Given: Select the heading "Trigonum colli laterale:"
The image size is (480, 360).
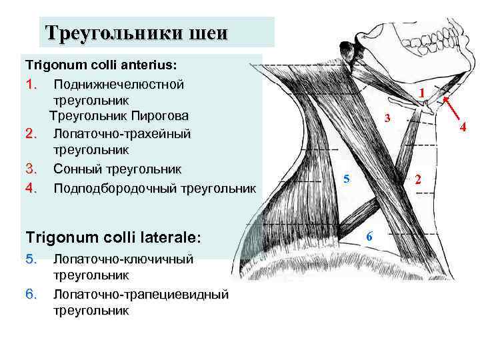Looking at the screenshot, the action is [x=113, y=237].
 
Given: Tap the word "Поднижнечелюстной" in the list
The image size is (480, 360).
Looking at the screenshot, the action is [x=119, y=85].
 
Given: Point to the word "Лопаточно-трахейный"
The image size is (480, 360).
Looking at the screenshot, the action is [x=122, y=133].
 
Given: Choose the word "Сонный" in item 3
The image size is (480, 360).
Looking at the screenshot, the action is [x=77, y=168].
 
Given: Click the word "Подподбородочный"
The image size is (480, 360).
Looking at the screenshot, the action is [x=115, y=188].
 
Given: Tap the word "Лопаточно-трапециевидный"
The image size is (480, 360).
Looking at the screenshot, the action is [x=141, y=293].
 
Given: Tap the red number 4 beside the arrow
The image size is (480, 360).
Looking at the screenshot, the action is [x=465, y=127].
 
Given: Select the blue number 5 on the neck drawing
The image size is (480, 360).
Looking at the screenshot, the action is [x=346, y=178].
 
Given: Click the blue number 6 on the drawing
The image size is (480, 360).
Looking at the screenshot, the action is [x=371, y=237].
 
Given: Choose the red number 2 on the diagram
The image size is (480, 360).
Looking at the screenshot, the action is [x=418, y=179].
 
